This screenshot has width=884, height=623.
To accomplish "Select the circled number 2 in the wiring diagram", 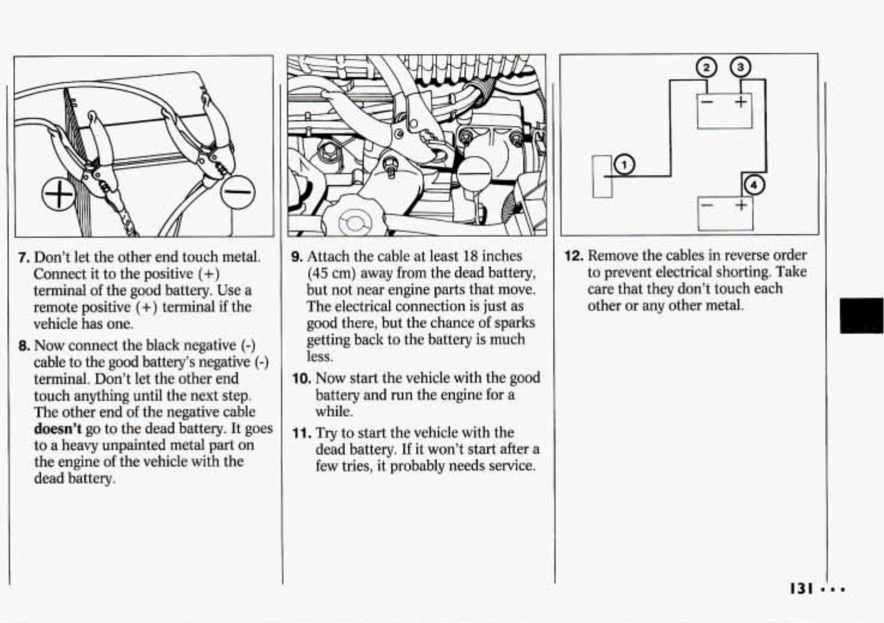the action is tap(707, 67).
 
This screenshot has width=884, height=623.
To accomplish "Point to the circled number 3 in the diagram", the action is tap(740, 67).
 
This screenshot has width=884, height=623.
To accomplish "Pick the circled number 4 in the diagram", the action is tap(754, 186).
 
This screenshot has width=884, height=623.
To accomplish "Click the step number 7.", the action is tap(24, 258).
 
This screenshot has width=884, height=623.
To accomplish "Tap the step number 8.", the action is tap(24, 346).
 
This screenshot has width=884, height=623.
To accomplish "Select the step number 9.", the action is tap(296, 257).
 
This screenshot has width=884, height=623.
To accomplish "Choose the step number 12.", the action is tap(573, 256).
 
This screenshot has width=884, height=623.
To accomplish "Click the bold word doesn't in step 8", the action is tap(58, 429).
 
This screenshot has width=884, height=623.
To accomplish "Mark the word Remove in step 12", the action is tap(612, 255).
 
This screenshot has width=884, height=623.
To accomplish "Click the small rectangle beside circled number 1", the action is tap(602, 176).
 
